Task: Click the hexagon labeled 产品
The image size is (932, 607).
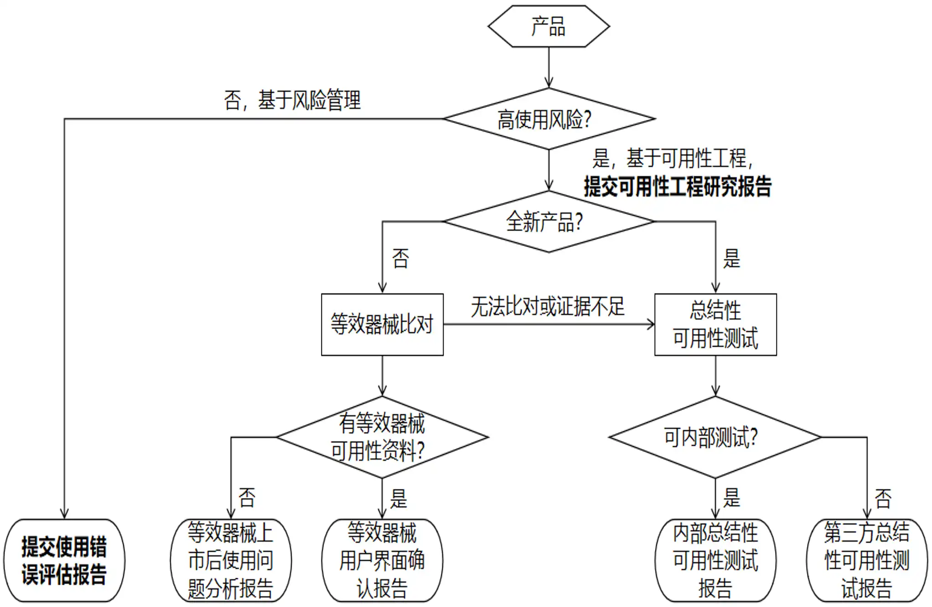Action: pyautogui.click(x=549, y=26)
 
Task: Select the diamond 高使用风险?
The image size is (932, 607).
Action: pyautogui.click(x=549, y=119)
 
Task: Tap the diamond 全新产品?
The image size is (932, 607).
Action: pyautogui.click(x=549, y=221)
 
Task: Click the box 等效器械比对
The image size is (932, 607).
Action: pyautogui.click(x=382, y=324)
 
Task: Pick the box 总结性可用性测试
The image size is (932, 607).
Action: pyautogui.click(x=715, y=324)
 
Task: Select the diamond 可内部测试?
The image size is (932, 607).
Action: pyautogui.click(x=715, y=437)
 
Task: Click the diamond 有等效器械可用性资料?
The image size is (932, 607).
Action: pyautogui.click(x=382, y=437)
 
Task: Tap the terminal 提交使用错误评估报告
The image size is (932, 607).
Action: pyautogui.click(x=64, y=560)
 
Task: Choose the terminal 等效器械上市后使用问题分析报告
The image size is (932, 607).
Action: pyautogui.click(x=231, y=560)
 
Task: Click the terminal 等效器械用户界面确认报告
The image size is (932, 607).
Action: pyautogui.click(x=382, y=560)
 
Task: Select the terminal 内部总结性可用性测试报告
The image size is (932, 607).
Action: pyautogui.click(x=715, y=560)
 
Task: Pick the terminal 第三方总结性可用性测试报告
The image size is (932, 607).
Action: pyautogui.click(x=866, y=560)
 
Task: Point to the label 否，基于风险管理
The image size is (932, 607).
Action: pyautogui.click(x=292, y=100)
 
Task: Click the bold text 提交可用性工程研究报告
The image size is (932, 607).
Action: pyautogui.click(x=678, y=186)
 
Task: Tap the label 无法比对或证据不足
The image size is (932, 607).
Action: pyautogui.click(x=548, y=307)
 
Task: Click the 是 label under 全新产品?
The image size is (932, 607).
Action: pyautogui.click(x=732, y=259)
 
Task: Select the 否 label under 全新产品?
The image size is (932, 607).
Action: pyautogui.click(x=400, y=259)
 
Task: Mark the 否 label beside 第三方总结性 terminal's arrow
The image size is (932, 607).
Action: pyautogui.click(x=883, y=499)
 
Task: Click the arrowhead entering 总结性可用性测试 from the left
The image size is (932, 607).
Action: pyautogui.click(x=651, y=324)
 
